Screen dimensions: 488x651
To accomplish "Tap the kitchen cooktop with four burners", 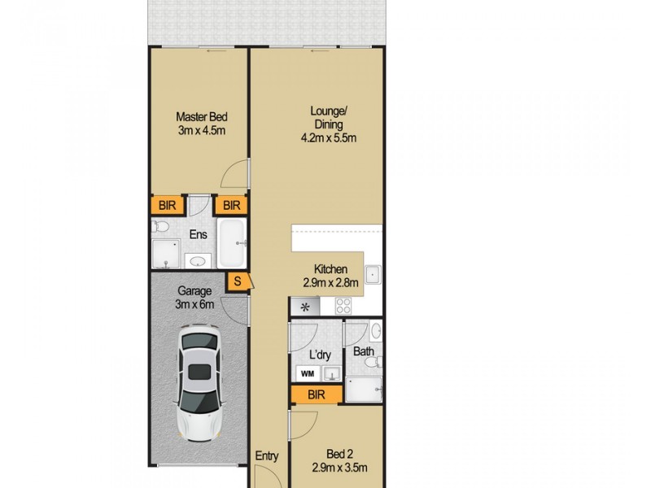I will coord(343,307).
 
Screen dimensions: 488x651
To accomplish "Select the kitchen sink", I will coord(372,275).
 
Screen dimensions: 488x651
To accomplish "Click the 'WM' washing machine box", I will coord(308,373).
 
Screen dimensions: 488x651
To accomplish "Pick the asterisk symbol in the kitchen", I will coord(306,307).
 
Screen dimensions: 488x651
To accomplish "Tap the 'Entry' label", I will coord(268,456).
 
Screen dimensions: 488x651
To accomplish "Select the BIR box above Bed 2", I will coord(316,394).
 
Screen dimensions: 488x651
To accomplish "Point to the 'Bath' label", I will coord(363,353).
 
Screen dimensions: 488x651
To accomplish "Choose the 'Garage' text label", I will coord(194,291).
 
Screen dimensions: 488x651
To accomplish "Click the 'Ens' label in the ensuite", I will coord(198,234).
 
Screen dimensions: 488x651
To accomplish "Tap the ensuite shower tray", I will coord(166,255).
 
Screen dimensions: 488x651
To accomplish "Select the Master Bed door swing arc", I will coord(234,173).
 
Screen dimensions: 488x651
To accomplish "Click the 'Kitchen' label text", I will coord(331,270).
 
